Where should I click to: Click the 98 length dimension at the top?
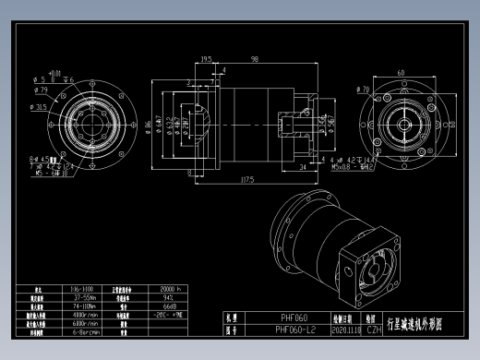253,59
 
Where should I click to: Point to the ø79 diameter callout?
41,90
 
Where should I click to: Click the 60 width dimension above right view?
402,71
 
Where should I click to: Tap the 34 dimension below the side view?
304,168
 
